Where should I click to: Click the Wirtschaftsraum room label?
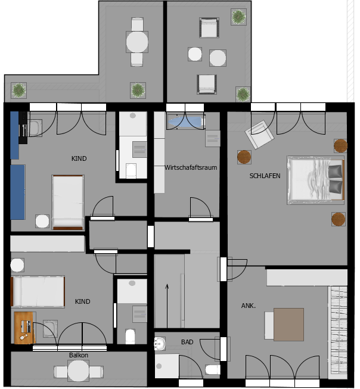pyautogui.click(x=191, y=167)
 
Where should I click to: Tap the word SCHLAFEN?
pyautogui.click(x=265, y=176)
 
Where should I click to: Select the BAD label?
pyautogui.click(x=187, y=342)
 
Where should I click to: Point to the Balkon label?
pyautogui.click(x=79, y=355)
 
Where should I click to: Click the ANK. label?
pyautogui.click(x=249, y=306)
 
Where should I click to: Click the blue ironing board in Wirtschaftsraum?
pyautogui.click(x=186, y=122)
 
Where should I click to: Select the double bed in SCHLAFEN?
pyautogui.click(x=315, y=180)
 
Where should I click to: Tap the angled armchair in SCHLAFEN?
pyautogui.click(x=259, y=134)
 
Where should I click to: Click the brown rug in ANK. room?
pyautogui.click(x=288, y=325)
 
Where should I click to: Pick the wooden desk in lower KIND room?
pyautogui.click(x=24, y=328)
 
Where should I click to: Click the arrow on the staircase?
pyautogui.click(x=167, y=306)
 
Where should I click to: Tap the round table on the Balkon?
pyautogui.click(x=79, y=371)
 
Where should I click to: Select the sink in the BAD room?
pyautogui.click(x=160, y=344)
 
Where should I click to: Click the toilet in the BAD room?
pyautogui.click(x=213, y=370)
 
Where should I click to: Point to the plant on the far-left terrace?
pyautogui.click(x=19, y=91)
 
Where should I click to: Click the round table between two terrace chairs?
pyautogui.click(x=137, y=42)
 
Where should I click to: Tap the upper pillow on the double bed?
pyautogui.click(x=335, y=171)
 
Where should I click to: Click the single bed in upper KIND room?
pyautogui.click(x=68, y=203)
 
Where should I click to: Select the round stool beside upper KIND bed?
pyautogui.click(x=42, y=221)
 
